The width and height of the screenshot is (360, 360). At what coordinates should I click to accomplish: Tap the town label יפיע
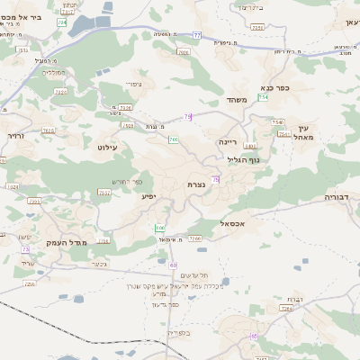(x=148, y=195)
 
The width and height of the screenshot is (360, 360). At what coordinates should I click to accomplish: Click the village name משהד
(x=237, y=99)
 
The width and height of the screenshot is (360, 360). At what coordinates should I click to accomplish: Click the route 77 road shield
(x=196, y=35)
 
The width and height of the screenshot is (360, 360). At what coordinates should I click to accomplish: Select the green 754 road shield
(x=263, y=96)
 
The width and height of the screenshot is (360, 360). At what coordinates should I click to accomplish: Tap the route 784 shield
(x=62, y=22)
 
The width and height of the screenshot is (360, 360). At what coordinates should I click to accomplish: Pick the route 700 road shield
(x=172, y=140)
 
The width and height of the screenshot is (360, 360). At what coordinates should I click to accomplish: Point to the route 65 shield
(x=255, y=336)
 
